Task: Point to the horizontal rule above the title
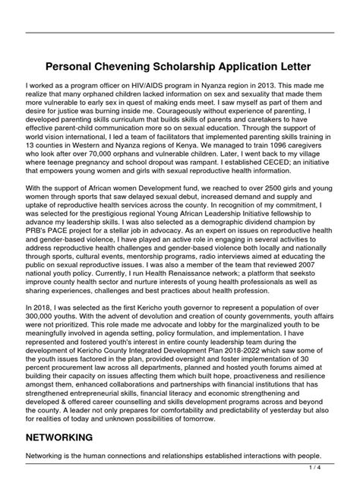point(180,31)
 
